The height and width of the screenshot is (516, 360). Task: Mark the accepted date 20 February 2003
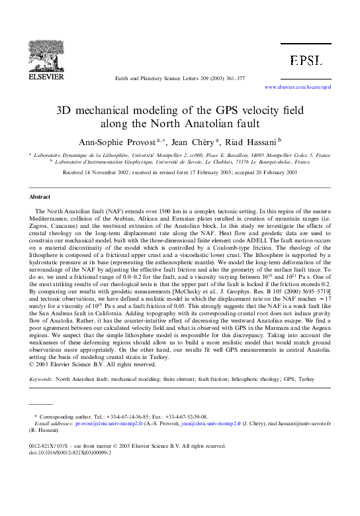[265, 172]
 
